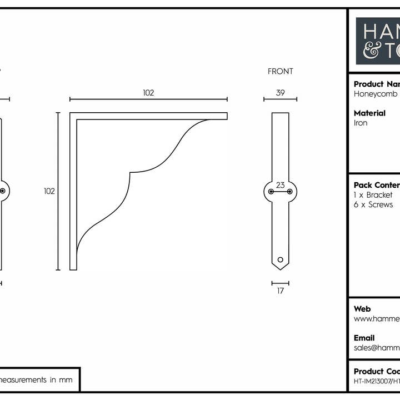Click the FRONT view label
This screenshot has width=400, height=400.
280,72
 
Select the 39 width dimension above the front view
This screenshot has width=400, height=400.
280,93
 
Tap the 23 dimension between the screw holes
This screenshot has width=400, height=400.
280,186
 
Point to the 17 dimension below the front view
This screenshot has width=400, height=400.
280,291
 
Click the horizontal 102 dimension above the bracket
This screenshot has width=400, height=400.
148,93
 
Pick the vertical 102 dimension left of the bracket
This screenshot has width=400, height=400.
49,191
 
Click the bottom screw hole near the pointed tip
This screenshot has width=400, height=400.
280,259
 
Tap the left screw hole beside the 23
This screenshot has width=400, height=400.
271,192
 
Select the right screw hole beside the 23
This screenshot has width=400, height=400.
289,192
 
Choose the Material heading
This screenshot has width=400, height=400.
369,113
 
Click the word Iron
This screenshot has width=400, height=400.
361,123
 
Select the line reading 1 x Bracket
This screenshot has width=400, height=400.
373,196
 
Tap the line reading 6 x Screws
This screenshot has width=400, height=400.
373,205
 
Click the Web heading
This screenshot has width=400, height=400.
362,309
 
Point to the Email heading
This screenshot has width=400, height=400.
364,338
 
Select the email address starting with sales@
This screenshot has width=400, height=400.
376,348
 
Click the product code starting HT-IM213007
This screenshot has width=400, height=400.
376,382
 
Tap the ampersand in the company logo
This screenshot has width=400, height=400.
370,51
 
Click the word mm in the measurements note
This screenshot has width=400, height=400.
67,381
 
